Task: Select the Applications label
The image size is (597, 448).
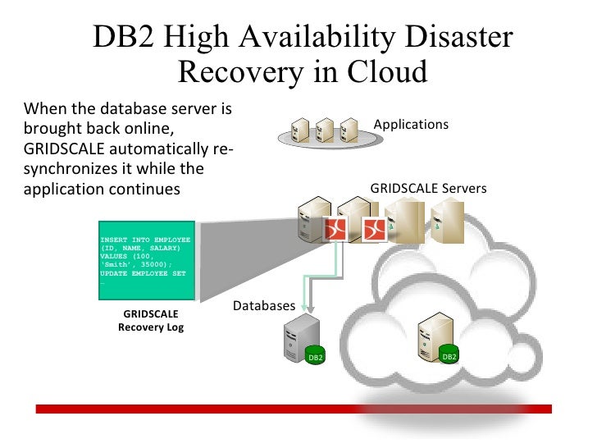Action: [411, 125]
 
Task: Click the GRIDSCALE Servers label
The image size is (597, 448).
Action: [428, 189]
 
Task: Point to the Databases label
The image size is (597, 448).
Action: [264, 306]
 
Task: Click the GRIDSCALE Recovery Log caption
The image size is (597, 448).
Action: [151, 320]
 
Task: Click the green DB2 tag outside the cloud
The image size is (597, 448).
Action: [316, 358]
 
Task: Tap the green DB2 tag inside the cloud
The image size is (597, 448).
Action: [449, 356]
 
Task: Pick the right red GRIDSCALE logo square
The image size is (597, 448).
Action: [375, 231]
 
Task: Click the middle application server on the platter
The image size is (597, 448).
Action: [325, 129]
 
